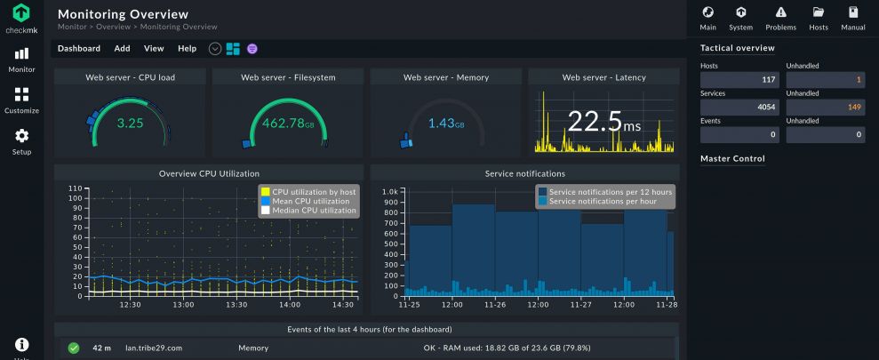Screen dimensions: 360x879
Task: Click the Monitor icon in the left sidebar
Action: pyautogui.click(x=21, y=55)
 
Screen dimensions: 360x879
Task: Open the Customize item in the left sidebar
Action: pyautogui.click(x=21, y=95)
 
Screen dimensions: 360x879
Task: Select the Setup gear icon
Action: pyautogui.click(x=21, y=136)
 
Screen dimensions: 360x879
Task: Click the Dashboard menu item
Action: pyautogui.click(x=79, y=49)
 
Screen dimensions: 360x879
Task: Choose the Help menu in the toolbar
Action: pyautogui.click(x=187, y=49)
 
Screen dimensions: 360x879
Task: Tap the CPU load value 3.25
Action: pyautogui.click(x=130, y=123)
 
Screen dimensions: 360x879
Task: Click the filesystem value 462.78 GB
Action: pyautogui.click(x=287, y=123)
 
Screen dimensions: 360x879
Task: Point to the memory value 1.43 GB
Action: pyautogui.click(x=445, y=123)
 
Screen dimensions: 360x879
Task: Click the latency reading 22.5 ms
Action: pyautogui.click(x=603, y=123)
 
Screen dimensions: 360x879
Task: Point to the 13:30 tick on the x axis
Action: pyautogui.click(x=236, y=304)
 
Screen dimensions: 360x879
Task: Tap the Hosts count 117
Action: pyautogui.click(x=739, y=80)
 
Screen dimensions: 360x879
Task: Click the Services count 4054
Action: pyautogui.click(x=739, y=108)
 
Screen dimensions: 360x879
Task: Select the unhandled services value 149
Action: pyautogui.click(x=825, y=108)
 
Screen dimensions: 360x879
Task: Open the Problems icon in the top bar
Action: pyautogui.click(x=780, y=17)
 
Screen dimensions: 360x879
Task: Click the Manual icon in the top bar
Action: pyautogui.click(x=852, y=17)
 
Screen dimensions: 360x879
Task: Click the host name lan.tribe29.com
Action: pyautogui.click(x=154, y=348)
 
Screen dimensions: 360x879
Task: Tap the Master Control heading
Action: pyautogui.click(x=732, y=159)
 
